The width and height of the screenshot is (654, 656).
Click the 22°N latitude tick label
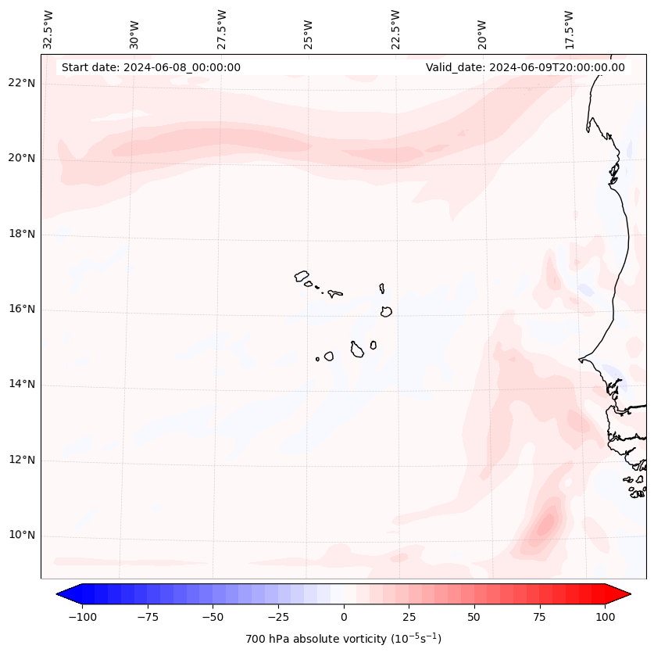point(21,83)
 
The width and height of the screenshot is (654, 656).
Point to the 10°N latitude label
point(21,536)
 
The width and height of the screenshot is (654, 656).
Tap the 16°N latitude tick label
point(21,310)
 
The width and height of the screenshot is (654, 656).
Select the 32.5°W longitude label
point(48,29)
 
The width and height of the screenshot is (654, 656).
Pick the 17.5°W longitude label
point(570,29)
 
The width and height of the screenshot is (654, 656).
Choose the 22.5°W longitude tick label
point(396,29)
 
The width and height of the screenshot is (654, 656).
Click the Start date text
point(151,67)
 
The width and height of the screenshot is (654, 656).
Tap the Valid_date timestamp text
point(525,67)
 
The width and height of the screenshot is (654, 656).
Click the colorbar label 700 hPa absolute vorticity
point(343,639)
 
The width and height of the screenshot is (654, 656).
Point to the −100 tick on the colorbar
point(82,617)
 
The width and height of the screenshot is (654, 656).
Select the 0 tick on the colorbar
point(343,617)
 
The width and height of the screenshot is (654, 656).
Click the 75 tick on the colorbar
point(539,617)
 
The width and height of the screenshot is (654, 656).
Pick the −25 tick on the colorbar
point(277,617)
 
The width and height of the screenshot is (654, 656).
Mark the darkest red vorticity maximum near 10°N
point(545,522)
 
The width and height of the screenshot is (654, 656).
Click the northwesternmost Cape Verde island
point(302,276)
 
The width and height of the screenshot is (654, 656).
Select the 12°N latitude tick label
point(21,461)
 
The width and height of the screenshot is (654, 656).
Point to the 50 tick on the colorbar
point(474,617)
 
